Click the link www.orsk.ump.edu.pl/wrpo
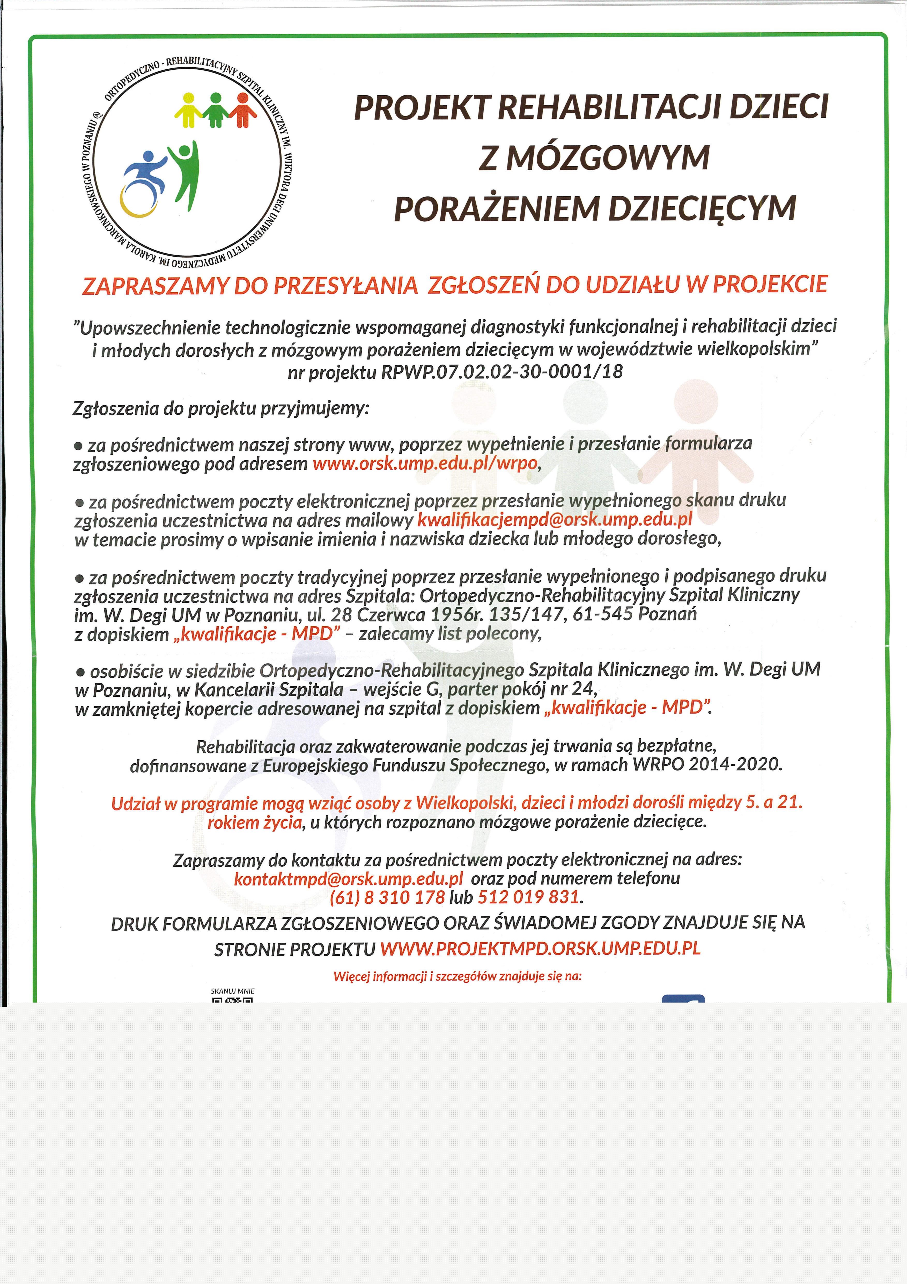coord(425,464)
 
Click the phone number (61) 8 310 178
coord(387,897)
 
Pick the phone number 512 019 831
coord(528,897)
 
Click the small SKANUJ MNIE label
coord(232,991)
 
